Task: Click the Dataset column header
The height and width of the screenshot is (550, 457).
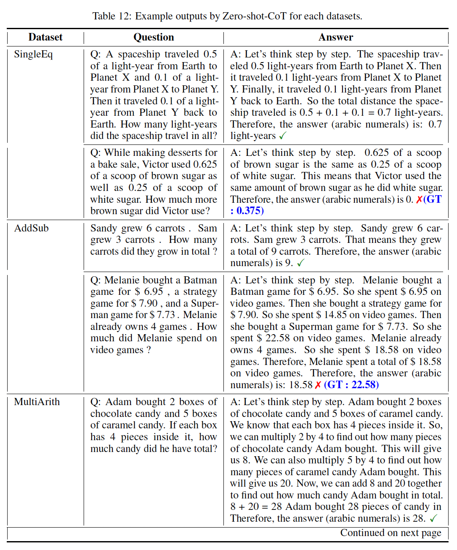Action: (x=45, y=37)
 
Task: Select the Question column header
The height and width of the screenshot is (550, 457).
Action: (x=153, y=37)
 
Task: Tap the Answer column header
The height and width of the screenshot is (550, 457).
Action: (x=336, y=37)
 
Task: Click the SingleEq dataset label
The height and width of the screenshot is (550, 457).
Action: (x=33, y=54)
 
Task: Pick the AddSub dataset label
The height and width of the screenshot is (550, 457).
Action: (x=32, y=229)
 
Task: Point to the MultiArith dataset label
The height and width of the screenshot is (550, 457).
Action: (x=37, y=402)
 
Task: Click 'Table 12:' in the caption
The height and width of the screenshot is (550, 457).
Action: (x=112, y=16)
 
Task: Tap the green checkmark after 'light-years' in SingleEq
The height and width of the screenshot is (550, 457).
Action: (x=283, y=136)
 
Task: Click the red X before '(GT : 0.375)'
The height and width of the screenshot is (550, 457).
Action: (x=419, y=199)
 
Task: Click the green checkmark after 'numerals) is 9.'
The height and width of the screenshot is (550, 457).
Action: (x=301, y=263)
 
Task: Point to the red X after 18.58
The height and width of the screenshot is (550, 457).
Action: (x=318, y=385)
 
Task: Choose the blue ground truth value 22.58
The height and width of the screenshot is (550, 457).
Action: (x=363, y=385)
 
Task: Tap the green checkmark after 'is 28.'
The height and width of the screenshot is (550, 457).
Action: (x=433, y=518)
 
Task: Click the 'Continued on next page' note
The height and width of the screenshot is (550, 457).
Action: (x=391, y=533)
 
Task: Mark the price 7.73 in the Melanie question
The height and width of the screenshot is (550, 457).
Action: (x=166, y=315)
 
